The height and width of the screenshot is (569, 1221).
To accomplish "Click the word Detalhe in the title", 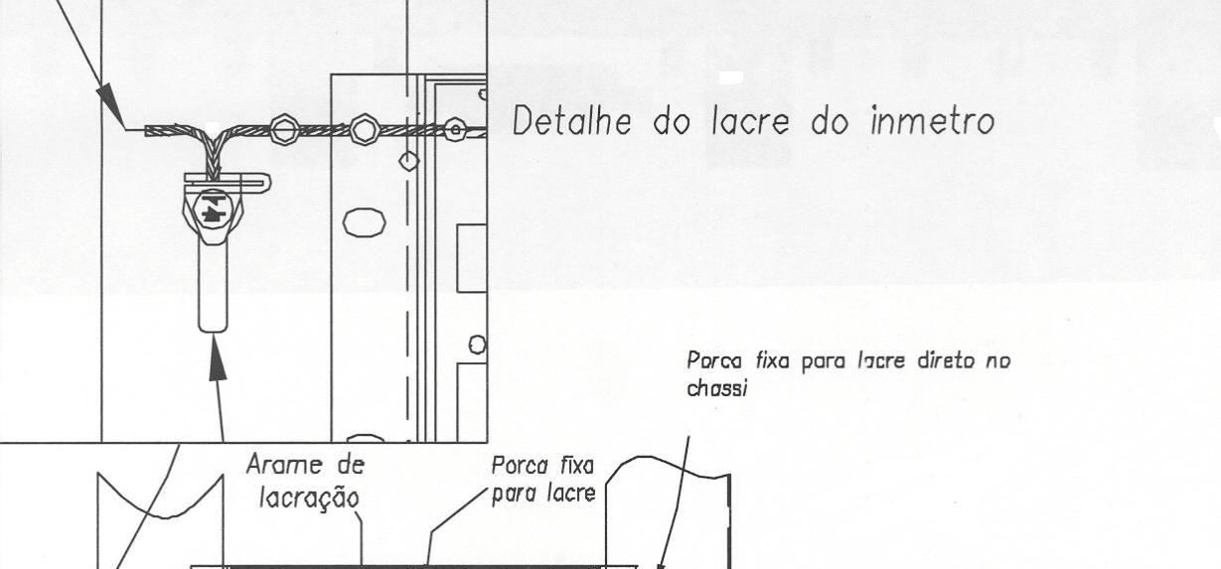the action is pyautogui.click(x=572, y=121).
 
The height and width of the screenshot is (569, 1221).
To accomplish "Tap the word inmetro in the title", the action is pyautogui.click(x=933, y=121).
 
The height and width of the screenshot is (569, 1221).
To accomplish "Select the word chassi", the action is pyautogui.click(x=716, y=388).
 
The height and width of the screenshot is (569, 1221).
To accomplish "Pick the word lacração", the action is pyautogui.click(x=309, y=498).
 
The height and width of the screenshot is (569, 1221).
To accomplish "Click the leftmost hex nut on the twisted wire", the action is pyautogui.click(x=284, y=130).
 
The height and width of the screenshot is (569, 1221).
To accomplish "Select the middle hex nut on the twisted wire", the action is pyautogui.click(x=364, y=130).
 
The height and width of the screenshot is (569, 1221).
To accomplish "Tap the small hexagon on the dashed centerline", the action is pyautogui.click(x=408, y=161).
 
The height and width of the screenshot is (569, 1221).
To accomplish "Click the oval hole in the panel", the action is pyautogui.click(x=365, y=222).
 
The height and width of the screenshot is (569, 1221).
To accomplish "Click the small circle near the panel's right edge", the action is pyautogui.click(x=478, y=345).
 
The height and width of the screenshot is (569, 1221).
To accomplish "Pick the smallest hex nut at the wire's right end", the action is pyautogui.click(x=455, y=130).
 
